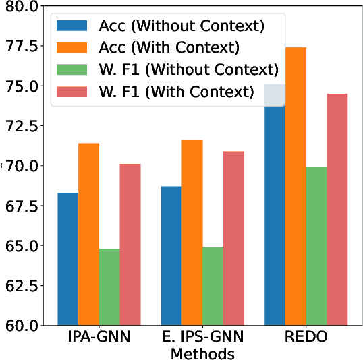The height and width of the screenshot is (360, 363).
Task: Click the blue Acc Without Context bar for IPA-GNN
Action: click(x=67, y=260)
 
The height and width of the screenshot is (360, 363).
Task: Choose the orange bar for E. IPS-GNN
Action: click(x=192, y=233)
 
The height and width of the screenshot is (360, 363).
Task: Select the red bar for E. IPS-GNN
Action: click(x=233, y=239)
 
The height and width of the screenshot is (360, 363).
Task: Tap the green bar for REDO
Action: click(x=316, y=246)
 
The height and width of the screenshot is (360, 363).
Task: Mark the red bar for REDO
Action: click(x=337, y=210)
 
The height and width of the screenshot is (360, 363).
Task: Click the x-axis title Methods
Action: click(x=202, y=353)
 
